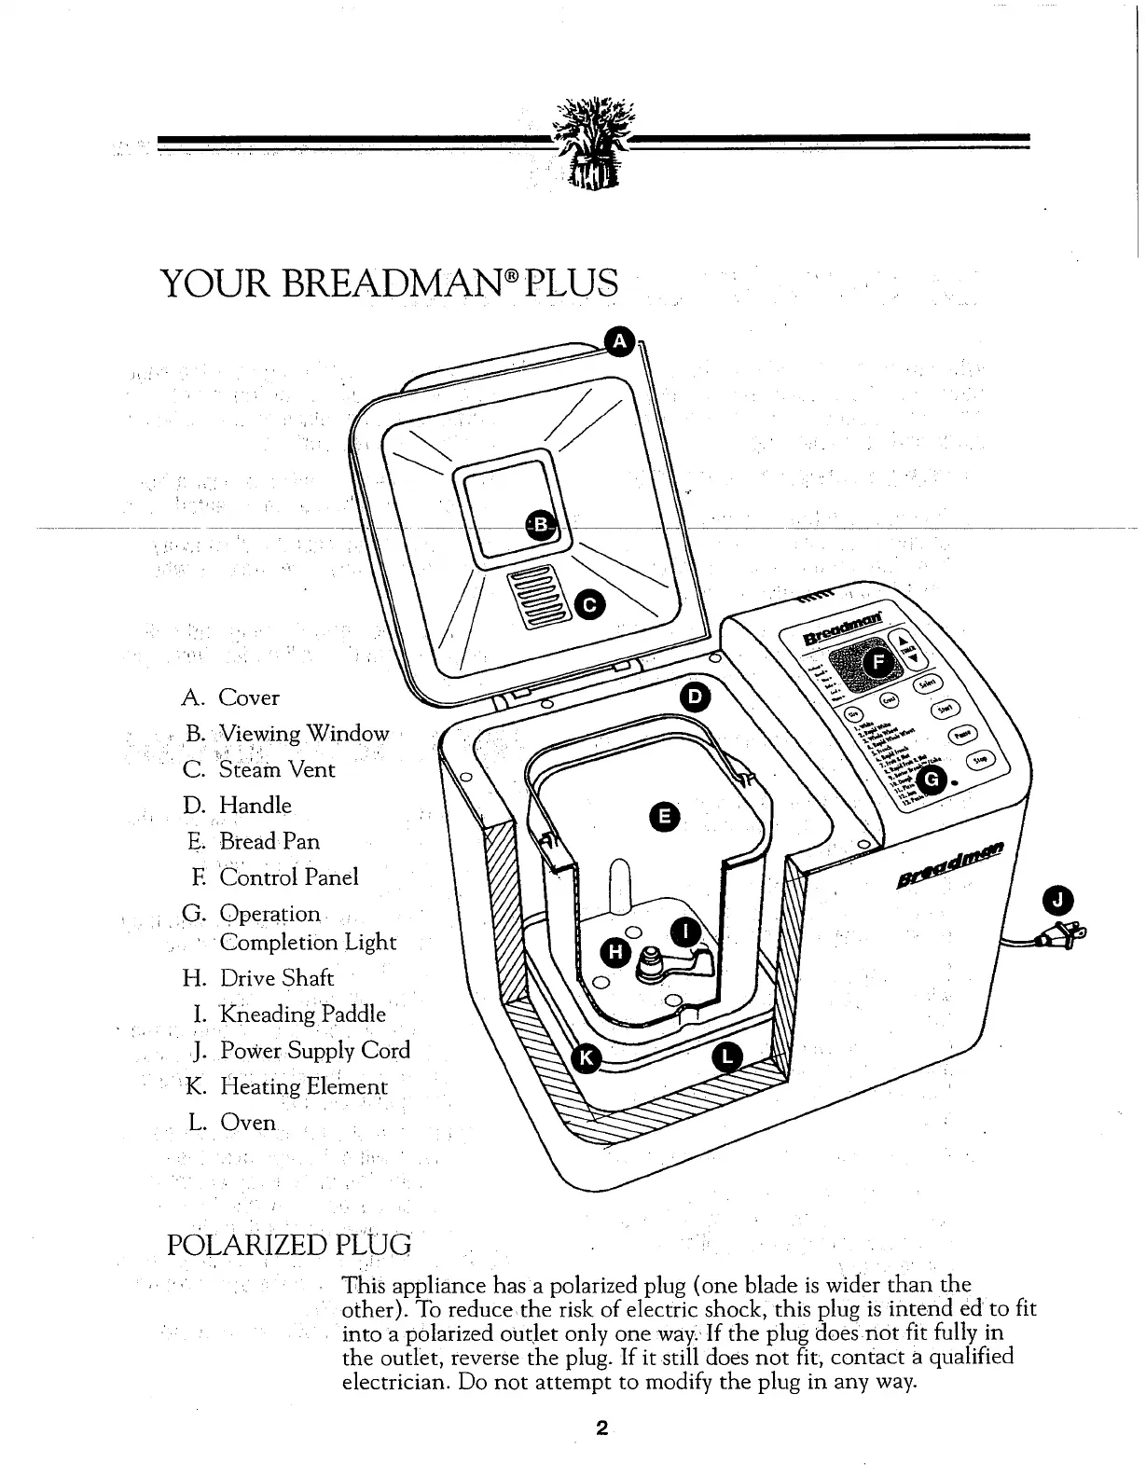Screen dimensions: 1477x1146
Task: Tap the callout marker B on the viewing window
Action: [x=540, y=524]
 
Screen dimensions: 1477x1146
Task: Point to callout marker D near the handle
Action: [x=694, y=697]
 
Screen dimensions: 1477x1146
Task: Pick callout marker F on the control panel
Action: [x=877, y=662]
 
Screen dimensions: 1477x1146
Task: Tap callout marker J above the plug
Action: [x=1060, y=900]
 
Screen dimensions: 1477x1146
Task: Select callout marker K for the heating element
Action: [x=587, y=1056]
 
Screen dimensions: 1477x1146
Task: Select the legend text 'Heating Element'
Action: [x=303, y=1086]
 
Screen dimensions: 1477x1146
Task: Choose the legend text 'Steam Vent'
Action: [x=276, y=769]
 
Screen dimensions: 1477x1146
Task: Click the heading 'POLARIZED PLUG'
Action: [x=288, y=1246]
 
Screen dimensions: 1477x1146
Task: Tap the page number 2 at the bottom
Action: [x=602, y=1428]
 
